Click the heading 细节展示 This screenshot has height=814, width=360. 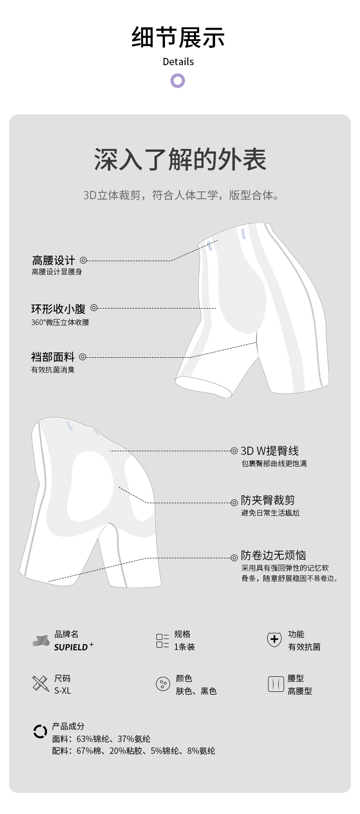pyautogui.click(x=178, y=37)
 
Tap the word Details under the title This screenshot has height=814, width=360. pyautogui.click(x=178, y=62)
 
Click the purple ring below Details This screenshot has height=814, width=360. pyautogui.click(x=178, y=81)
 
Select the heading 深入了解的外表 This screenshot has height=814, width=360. pyautogui.click(x=180, y=160)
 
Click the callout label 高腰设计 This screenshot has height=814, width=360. pyautogui.click(x=53, y=260)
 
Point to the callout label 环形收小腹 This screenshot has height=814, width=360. pyautogui.click(x=58, y=309)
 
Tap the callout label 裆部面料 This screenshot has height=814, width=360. pyautogui.click(x=53, y=357)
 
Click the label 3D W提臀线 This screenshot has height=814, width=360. pyautogui.click(x=270, y=451)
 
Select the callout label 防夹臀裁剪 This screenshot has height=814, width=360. pyautogui.click(x=268, y=500)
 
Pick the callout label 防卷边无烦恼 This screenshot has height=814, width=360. pyautogui.click(x=273, y=555)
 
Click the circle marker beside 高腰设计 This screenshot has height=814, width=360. pyautogui.click(x=83, y=260)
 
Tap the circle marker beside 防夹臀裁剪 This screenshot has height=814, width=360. pyautogui.click(x=234, y=503)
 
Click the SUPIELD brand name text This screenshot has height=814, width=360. pyautogui.click(x=71, y=647)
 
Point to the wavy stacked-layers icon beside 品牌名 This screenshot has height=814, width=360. pyautogui.click(x=41, y=640)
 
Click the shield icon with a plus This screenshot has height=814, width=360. pyautogui.click(x=274, y=639)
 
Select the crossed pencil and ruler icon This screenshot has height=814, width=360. pyautogui.click(x=41, y=684)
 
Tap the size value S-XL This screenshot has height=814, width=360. pyautogui.click(x=63, y=691)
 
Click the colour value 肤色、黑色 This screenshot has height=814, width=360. pyautogui.click(x=196, y=691)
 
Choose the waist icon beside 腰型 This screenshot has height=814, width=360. pyautogui.click(x=276, y=684)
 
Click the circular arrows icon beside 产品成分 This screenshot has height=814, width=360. pyautogui.click(x=40, y=732)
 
